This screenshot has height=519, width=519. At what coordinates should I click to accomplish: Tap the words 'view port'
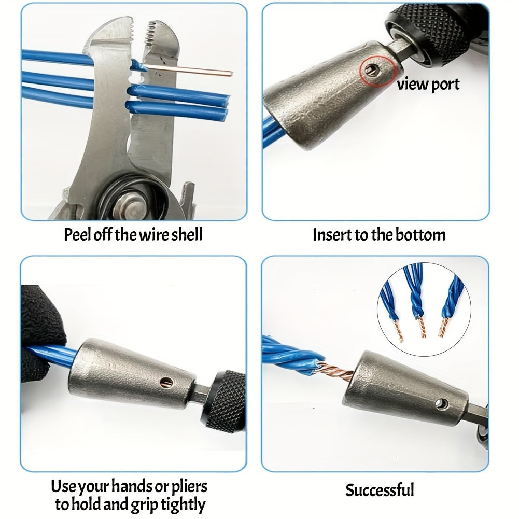click(x=428, y=84)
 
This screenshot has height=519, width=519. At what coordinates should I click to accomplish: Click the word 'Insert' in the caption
click(x=332, y=234)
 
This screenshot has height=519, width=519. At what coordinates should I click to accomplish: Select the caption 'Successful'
click(x=380, y=489)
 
